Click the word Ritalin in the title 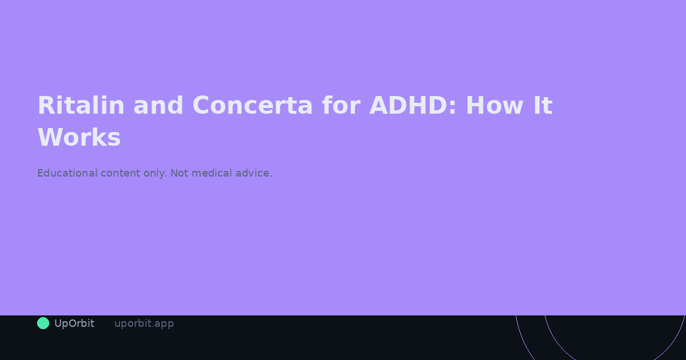81,106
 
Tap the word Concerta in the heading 253,106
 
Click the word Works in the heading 79,138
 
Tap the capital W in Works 49,138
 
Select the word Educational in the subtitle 67,173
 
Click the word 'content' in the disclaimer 121,173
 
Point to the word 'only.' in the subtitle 155,173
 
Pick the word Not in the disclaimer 179,173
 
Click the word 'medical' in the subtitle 212,173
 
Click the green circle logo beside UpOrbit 43,323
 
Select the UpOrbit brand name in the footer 74,323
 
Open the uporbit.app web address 144,323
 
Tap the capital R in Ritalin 46,106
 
